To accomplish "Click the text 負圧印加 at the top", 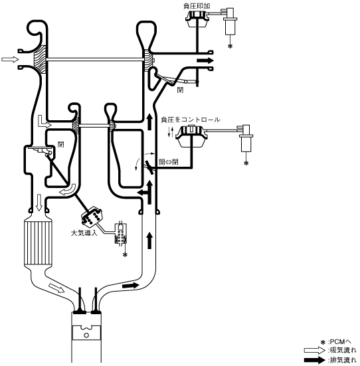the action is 197,6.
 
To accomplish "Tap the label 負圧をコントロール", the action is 191,120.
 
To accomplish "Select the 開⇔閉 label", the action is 168,162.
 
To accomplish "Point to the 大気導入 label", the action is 84,232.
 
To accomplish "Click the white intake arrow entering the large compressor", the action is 10,60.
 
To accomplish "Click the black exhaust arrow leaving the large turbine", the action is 205,60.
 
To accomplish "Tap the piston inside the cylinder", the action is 86,332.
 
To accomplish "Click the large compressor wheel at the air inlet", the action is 41,60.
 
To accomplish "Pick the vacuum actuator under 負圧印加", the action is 197,19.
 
